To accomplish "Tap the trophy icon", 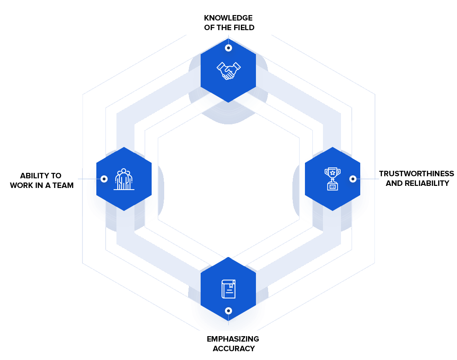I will (333, 179).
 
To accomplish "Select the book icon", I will (228, 289).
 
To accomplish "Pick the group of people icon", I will (124, 180).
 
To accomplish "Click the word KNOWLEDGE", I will (228, 18).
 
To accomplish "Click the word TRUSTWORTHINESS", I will (416, 174).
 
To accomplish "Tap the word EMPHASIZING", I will (233, 339).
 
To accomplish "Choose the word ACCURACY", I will (234, 348).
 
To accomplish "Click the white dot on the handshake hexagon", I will (228, 48).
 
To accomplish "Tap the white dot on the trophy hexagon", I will (353, 179).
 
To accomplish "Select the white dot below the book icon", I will (228, 311).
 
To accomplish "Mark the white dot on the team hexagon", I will (104, 179).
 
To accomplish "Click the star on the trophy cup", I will (333, 172).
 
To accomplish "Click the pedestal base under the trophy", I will (333, 186).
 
